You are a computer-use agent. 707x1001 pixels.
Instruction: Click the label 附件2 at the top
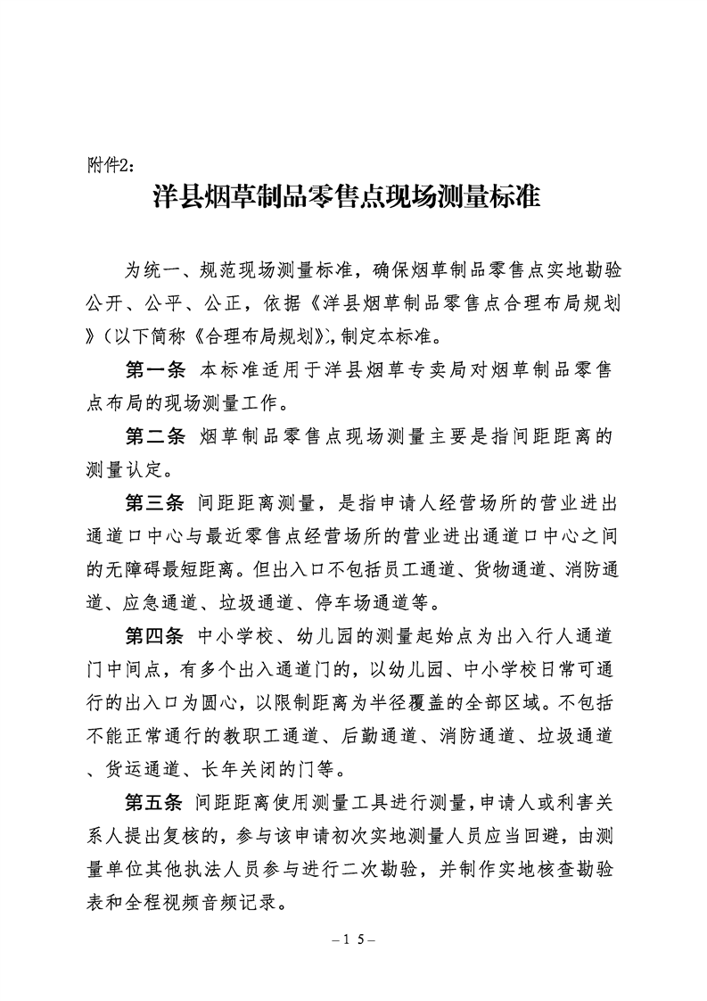coord(110,165)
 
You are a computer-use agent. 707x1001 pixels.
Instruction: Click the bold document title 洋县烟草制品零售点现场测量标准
coord(348,197)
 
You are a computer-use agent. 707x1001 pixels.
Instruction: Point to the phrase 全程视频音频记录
coord(201,900)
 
